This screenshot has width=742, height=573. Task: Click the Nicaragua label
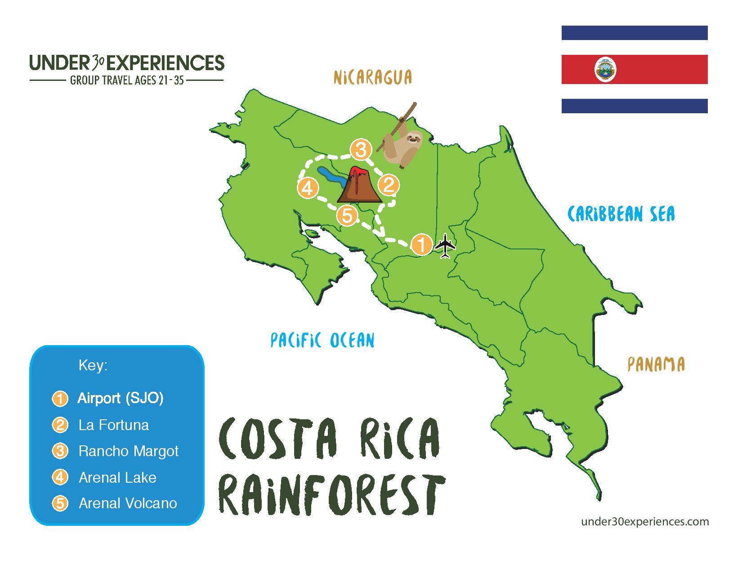click(x=372, y=77)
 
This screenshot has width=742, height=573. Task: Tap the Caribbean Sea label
click(x=621, y=214)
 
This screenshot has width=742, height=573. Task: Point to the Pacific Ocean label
click(x=322, y=340)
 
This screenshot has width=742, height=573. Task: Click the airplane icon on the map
click(x=445, y=245)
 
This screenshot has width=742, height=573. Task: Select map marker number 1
click(x=422, y=244)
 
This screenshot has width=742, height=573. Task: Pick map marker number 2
click(x=389, y=186)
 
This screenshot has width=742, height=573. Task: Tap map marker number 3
click(x=361, y=149)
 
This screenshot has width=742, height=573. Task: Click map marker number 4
click(x=308, y=188)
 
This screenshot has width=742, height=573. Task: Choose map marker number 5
click(x=347, y=216)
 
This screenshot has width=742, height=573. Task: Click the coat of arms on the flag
click(x=605, y=70)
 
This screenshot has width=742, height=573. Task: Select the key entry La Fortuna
click(x=114, y=425)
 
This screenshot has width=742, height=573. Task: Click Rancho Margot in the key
click(x=129, y=451)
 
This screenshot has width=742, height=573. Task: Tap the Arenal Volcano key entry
click(x=128, y=503)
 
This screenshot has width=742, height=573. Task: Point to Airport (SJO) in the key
click(x=121, y=398)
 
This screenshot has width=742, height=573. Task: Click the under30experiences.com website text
click(x=645, y=522)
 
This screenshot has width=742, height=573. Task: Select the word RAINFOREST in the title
click(x=332, y=496)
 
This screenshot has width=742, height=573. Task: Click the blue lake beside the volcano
click(x=330, y=178)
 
